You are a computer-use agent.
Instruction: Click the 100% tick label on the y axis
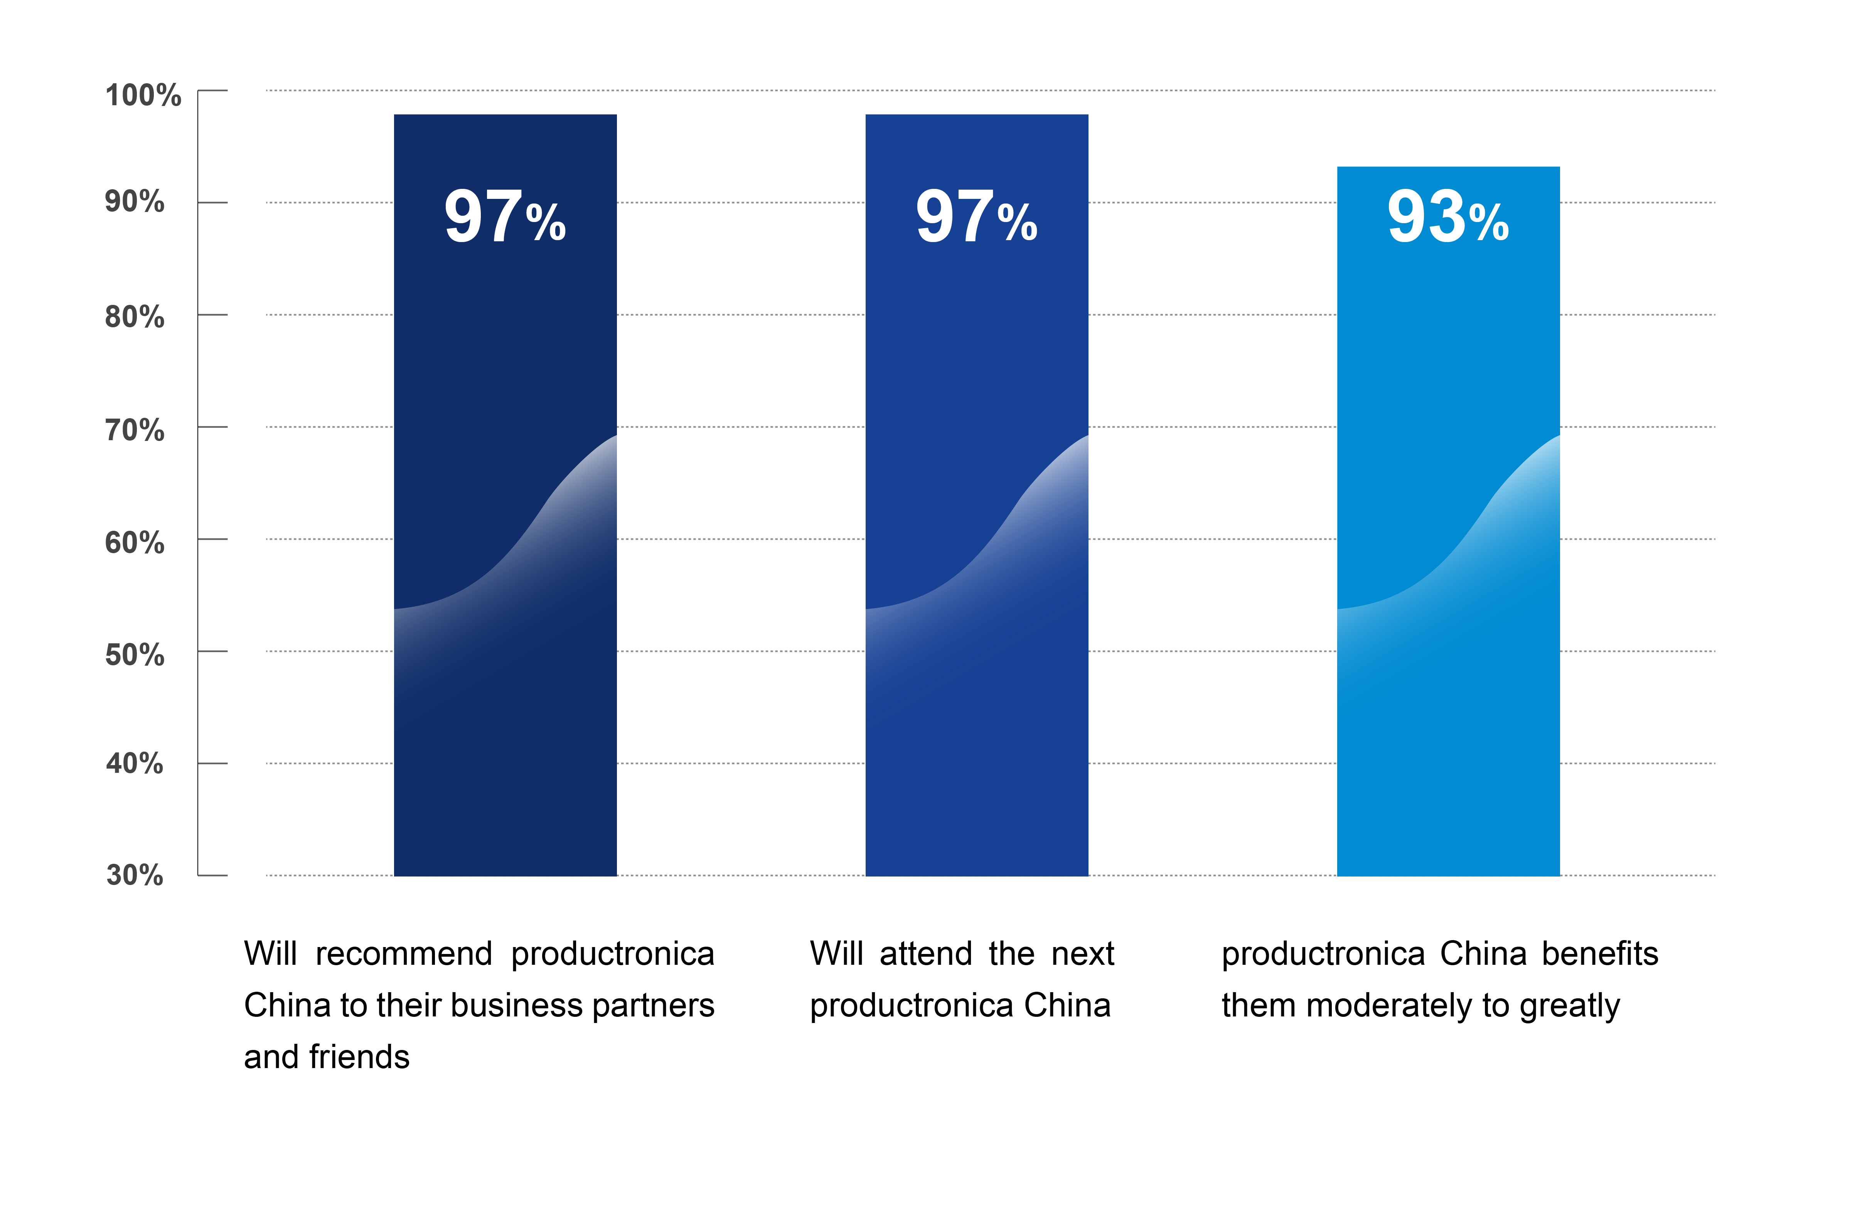[x=143, y=96]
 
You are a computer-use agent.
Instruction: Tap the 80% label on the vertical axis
[x=135, y=317]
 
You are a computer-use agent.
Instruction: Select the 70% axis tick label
[x=135, y=430]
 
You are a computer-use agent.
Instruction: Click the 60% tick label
[x=135, y=542]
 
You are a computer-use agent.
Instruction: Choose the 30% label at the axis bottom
[x=135, y=875]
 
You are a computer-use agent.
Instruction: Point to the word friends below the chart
[x=359, y=1057]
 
